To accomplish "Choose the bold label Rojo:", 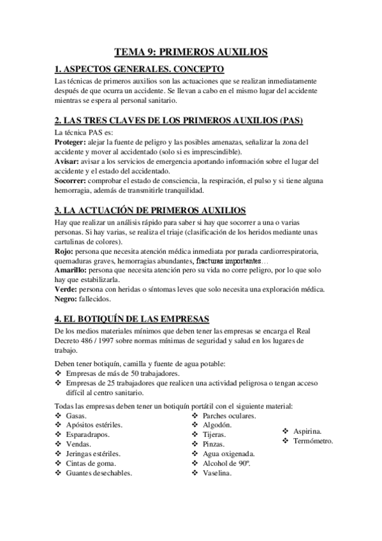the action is point(64,252).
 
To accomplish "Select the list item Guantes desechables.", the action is point(99,473).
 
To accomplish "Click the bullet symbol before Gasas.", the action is point(59,415).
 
